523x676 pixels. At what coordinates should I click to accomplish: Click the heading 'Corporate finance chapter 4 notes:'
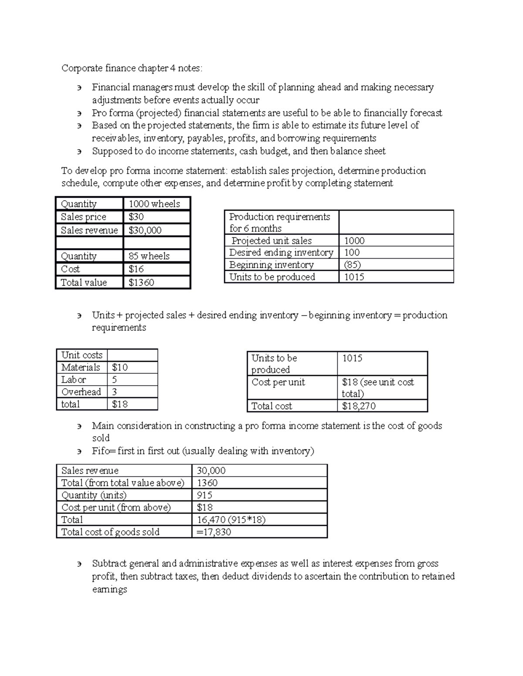pyautogui.click(x=132, y=68)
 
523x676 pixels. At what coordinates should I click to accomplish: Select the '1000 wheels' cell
pyautogui.click(x=154, y=204)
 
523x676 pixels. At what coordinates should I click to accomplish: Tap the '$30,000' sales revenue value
pyautogui.click(x=145, y=230)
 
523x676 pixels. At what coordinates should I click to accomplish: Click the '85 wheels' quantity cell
pyautogui.click(x=149, y=256)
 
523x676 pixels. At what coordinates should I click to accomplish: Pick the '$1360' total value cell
pyautogui.click(x=142, y=283)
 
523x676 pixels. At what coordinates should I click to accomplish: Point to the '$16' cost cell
pyautogui.click(x=136, y=269)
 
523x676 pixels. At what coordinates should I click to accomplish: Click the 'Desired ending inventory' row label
pyautogui.click(x=281, y=252)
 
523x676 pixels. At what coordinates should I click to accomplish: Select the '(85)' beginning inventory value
pyautogui.click(x=353, y=265)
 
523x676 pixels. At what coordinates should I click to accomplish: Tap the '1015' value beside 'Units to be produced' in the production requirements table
pyautogui.click(x=354, y=277)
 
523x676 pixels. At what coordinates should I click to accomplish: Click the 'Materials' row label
pyautogui.click(x=81, y=367)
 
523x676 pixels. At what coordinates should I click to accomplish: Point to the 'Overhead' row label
pyautogui.click(x=81, y=392)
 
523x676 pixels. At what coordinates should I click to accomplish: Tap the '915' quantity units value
pyautogui.click(x=205, y=495)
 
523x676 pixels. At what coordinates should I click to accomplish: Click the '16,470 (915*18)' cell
pyautogui.click(x=231, y=519)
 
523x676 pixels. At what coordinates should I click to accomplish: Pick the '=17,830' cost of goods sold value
pyautogui.click(x=214, y=532)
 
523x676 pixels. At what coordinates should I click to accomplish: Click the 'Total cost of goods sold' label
pyautogui.click(x=111, y=532)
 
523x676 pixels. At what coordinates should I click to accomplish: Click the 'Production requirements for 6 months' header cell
pyautogui.click(x=280, y=222)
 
